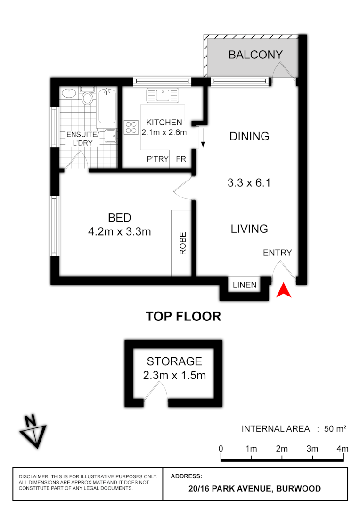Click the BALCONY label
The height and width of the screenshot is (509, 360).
255,55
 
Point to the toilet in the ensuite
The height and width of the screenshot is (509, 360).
87,99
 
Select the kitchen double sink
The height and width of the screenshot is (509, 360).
161,95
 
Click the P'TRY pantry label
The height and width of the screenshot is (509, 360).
158,159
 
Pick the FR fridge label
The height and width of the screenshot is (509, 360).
181,159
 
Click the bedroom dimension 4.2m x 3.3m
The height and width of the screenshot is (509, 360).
119,231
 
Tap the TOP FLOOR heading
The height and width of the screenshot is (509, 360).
183,316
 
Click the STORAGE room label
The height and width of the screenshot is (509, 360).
174,361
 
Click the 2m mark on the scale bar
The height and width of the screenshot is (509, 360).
281,449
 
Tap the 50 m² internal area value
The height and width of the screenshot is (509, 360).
335,428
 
